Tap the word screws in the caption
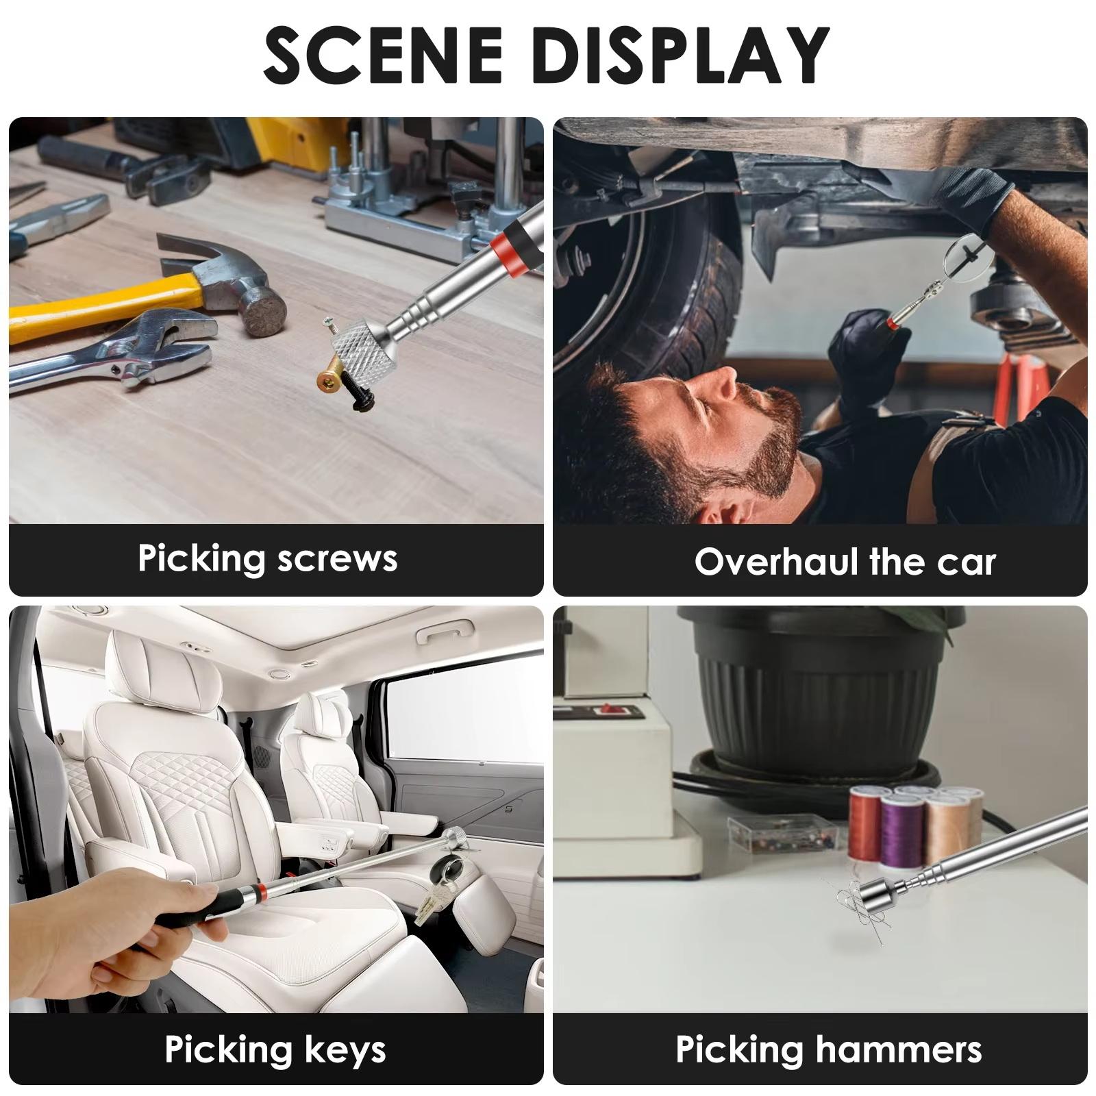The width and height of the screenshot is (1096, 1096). tap(338, 558)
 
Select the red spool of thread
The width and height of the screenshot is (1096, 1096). tap(867, 822)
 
